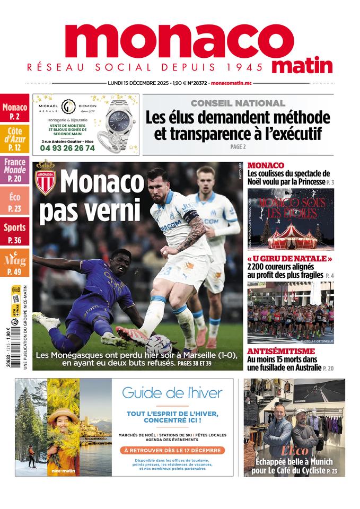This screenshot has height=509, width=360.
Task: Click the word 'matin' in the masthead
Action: [x=303, y=66]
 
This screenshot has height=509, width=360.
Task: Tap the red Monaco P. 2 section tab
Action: [x=14, y=108]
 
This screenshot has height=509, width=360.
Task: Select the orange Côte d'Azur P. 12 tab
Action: [x=14, y=138]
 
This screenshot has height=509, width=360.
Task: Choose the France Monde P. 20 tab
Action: [x=14, y=170]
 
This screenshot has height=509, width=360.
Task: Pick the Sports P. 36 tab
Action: [x=14, y=232]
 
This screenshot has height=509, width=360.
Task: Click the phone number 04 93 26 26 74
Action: [x=68, y=148]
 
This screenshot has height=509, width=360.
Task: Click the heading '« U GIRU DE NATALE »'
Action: [x=289, y=259]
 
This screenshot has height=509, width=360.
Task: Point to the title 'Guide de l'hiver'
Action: [x=172, y=393]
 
